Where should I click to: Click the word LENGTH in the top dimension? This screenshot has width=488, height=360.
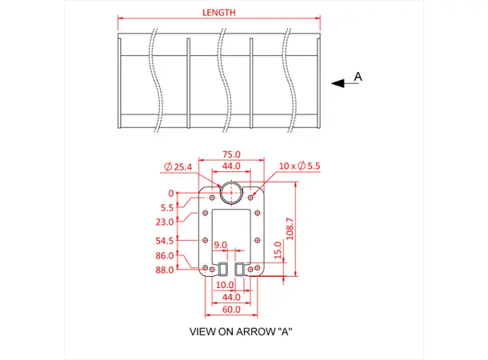(218, 13)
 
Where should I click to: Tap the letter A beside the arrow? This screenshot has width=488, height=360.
(358, 77)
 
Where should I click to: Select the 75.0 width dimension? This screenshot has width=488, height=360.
(231, 154)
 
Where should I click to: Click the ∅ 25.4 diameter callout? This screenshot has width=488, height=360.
(178, 166)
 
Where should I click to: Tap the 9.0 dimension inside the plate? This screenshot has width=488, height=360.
(220, 245)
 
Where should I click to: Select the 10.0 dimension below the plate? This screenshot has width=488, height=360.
(225, 285)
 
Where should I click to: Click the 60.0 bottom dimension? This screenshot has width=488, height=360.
(231, 309)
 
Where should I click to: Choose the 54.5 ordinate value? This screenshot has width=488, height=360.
(166, 240)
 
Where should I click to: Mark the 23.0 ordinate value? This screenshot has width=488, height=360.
(166, 222)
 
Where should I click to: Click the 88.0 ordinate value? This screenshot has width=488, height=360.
(166, 270)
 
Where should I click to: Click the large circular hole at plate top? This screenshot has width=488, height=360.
(231, 192)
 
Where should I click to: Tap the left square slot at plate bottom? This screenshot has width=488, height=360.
(223, 270)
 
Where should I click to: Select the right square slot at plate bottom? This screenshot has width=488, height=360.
(239, 270)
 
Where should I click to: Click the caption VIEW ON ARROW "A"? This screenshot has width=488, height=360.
(240, 331)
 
